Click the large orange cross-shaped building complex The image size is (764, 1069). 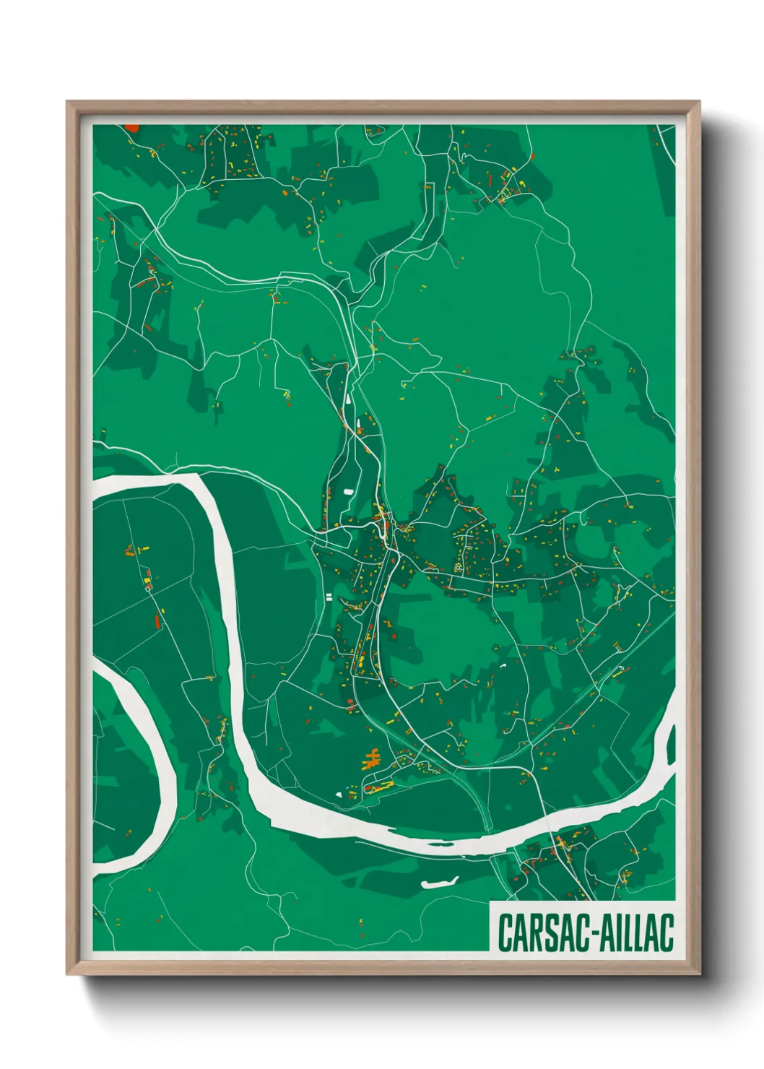372,758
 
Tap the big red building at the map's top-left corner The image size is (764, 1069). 132,128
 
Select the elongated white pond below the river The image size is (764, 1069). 440,882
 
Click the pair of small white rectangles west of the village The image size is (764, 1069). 329,597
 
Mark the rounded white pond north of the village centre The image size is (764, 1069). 349,492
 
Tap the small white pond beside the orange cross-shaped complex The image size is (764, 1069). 339,795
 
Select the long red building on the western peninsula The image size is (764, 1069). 157,620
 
